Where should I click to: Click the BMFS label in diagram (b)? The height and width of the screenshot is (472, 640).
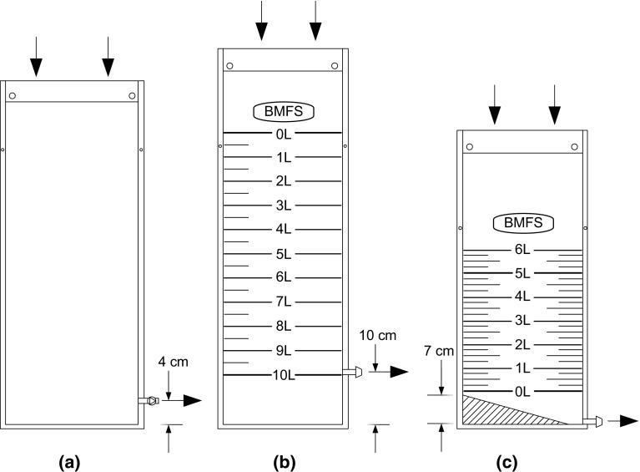pyautogui.click(x=282, y=112)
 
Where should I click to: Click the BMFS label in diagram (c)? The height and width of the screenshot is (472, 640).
pyautogui.click(x=523, y=223)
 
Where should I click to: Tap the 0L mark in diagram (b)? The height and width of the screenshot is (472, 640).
pyautogui.click(x=283, y=133)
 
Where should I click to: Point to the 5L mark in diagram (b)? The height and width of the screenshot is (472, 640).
pyautogui.click(x=283, y=254)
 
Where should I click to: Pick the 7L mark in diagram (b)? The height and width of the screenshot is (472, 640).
pyautogui.click(x=283, y=302)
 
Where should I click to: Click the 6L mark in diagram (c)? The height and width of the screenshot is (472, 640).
pyautogui.click(x=523, y=250)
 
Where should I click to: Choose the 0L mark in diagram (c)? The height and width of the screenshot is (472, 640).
pyautogui.click(x=523, y=392)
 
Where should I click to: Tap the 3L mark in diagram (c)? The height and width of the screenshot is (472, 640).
pyautogui.click(x=523, y=321)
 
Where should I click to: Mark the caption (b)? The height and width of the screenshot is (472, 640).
pyautogui.click(x=283, y=460)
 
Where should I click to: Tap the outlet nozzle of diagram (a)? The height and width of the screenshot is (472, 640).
pyautogui.click(x=149, y=401)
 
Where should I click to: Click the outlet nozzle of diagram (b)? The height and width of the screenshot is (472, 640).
pyautogui.click(x=353, y=373)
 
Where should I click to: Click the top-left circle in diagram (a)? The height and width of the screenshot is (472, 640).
pyautogui.click(x=13, y=96)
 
